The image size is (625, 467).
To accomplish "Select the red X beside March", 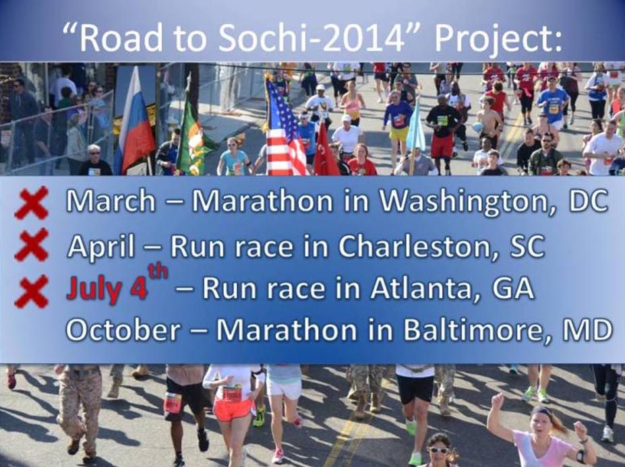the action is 32,204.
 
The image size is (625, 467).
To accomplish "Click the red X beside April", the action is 32,244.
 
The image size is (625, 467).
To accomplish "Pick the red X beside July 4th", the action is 32,292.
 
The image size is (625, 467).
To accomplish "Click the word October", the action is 123,330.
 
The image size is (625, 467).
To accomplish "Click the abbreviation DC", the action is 588,201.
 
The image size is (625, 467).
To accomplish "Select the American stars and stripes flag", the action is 285,128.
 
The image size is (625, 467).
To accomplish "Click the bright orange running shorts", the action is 232,409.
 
